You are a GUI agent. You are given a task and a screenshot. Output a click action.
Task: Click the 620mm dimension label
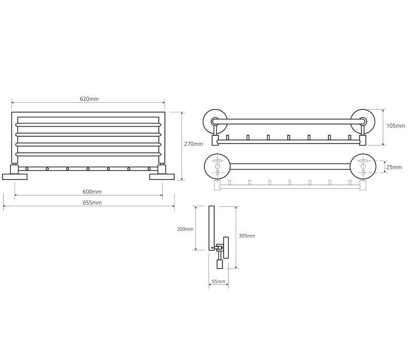tap(89, 99)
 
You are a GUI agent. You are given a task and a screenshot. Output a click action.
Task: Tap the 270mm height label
tap(194, 144)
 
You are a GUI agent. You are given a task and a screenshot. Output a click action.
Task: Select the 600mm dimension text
tap(92, 192)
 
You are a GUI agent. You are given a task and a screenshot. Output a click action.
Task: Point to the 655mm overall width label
tap(92, 203)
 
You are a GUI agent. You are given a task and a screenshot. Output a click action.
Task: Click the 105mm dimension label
tap(396, 125)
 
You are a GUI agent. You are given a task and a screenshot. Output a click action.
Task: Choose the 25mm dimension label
tap(394, 167)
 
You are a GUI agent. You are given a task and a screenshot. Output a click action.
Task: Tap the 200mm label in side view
tap(185, 229)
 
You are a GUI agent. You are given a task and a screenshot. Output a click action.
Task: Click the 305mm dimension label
tap(247, 236)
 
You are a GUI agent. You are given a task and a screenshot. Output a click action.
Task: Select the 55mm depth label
tap(219, 281)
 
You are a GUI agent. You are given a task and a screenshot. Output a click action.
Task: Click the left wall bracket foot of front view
tap(15, 177)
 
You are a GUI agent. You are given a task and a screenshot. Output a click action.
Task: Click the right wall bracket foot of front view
tap(162, 177)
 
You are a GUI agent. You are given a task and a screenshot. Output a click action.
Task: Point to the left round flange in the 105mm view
tap(215, 122)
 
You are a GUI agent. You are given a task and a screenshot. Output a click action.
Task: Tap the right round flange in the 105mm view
tap(363, 121)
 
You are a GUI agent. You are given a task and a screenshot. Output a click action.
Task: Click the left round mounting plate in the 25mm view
tap(217, 166)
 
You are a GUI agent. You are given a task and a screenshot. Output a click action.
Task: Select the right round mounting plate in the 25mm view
tap(363, 166)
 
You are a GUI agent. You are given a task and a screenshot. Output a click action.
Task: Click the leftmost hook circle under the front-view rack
tap(27, 169)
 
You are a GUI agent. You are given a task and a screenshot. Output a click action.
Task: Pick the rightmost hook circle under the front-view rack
tap(149, 169)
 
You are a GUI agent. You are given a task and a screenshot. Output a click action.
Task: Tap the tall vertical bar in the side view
tap(212, 228)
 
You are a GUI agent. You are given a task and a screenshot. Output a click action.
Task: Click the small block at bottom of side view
tap(220, 264)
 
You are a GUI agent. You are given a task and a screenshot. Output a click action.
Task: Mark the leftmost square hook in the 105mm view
tap(227, 137)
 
